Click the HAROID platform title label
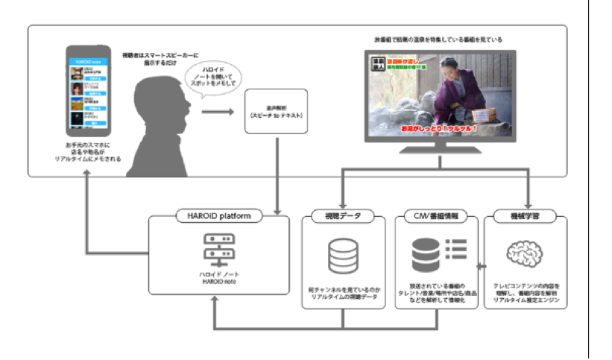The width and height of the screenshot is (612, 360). coord(218,216)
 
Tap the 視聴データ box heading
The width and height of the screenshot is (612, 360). coord(343,216)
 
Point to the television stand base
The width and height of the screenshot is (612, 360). coord(436,149)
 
